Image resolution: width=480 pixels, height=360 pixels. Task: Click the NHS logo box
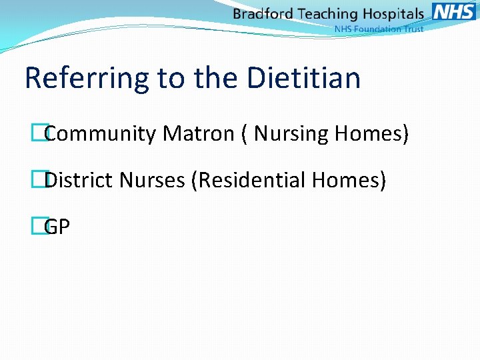coord(453,11)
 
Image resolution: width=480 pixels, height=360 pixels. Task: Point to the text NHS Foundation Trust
coord(379,29)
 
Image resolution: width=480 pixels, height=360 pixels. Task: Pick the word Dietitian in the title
coord(303,78)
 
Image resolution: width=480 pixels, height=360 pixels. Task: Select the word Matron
coord(198,134)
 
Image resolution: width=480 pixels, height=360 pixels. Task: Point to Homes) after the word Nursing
coord(371,134)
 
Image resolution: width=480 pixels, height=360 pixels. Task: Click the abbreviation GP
coord(57,227)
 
